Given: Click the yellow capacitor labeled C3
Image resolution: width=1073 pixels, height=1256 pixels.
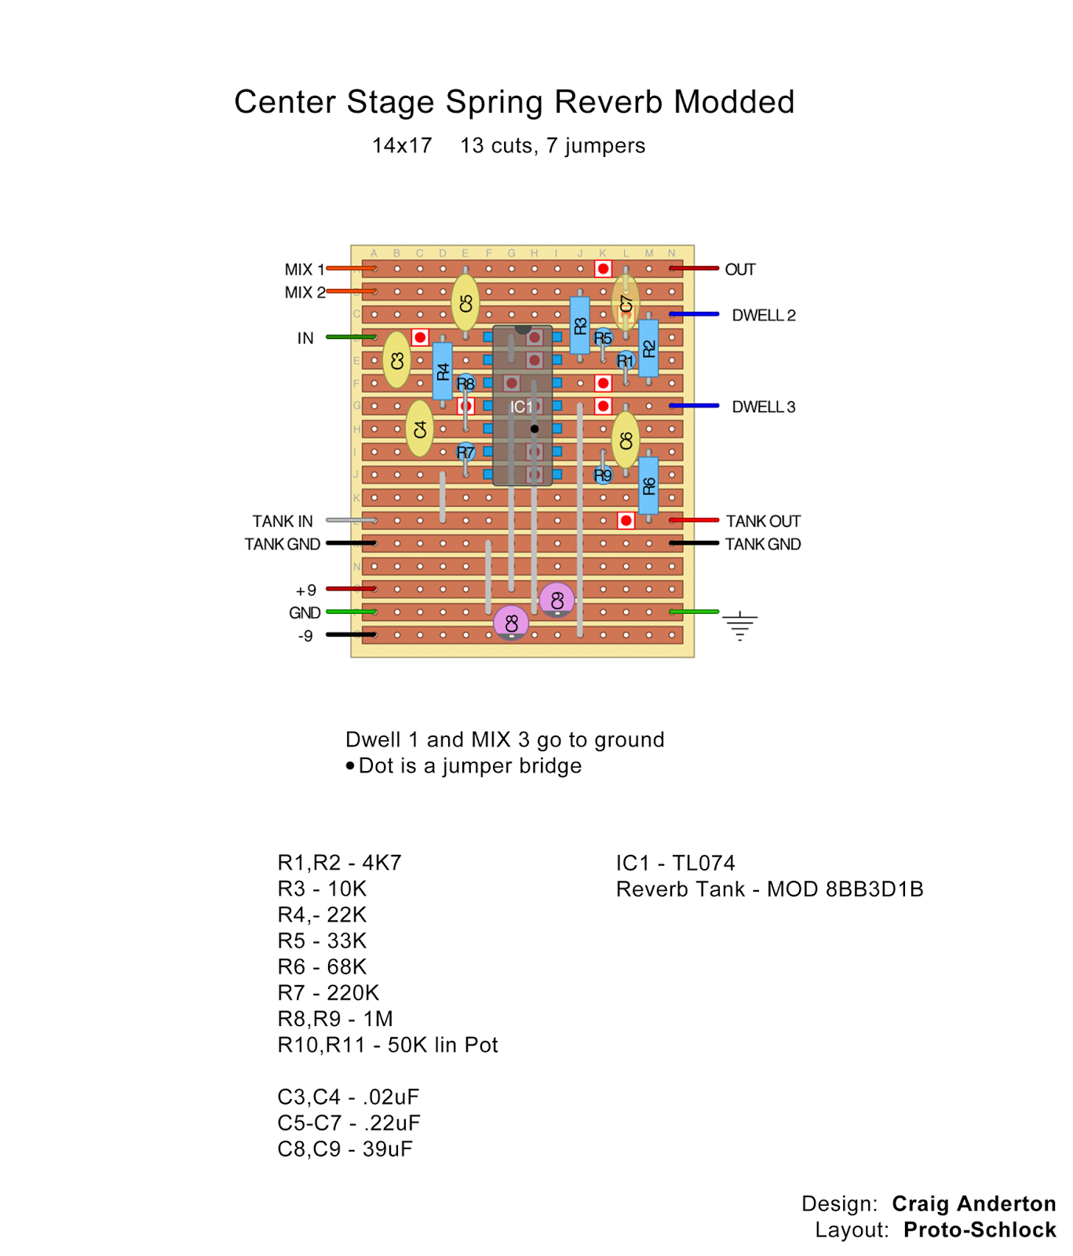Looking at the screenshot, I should pos(396,360).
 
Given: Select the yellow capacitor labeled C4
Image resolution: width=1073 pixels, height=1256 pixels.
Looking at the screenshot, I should pos(419,429).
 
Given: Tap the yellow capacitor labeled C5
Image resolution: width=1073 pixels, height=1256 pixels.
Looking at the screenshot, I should pos(465,303).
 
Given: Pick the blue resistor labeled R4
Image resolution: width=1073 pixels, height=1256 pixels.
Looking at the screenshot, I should pos(443,371).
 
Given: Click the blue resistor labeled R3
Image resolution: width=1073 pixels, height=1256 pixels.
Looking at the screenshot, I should pos(580,325).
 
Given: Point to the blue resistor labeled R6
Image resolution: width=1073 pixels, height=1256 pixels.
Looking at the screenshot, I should pos(648,486).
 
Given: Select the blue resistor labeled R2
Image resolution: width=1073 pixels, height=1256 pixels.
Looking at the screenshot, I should pos(648,349).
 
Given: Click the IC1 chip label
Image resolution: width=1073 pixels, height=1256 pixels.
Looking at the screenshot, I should pos(521,407).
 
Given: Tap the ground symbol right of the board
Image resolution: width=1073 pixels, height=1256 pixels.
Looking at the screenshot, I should pos(739,626).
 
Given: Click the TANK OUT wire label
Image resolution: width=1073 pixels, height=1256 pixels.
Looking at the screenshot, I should pos(763,521).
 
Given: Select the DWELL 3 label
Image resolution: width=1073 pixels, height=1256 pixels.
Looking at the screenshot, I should pos(763,407).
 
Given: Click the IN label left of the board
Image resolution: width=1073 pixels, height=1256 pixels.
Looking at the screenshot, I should pos(305,338).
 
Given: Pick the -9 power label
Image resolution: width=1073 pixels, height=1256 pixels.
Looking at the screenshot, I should pos(305,636).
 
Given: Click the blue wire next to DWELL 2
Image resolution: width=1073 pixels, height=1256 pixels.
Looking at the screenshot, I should pos(695,315).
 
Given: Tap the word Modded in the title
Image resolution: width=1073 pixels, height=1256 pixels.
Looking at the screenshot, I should pos(733,102).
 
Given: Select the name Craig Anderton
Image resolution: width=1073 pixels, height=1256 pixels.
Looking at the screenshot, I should pos(973,1203).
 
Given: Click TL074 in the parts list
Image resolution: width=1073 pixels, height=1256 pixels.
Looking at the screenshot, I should pos(703,863).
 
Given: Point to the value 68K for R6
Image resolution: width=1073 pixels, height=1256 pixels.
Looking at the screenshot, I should pos(347,966).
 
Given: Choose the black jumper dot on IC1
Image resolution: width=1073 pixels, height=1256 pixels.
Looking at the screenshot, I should pos(535,429).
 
